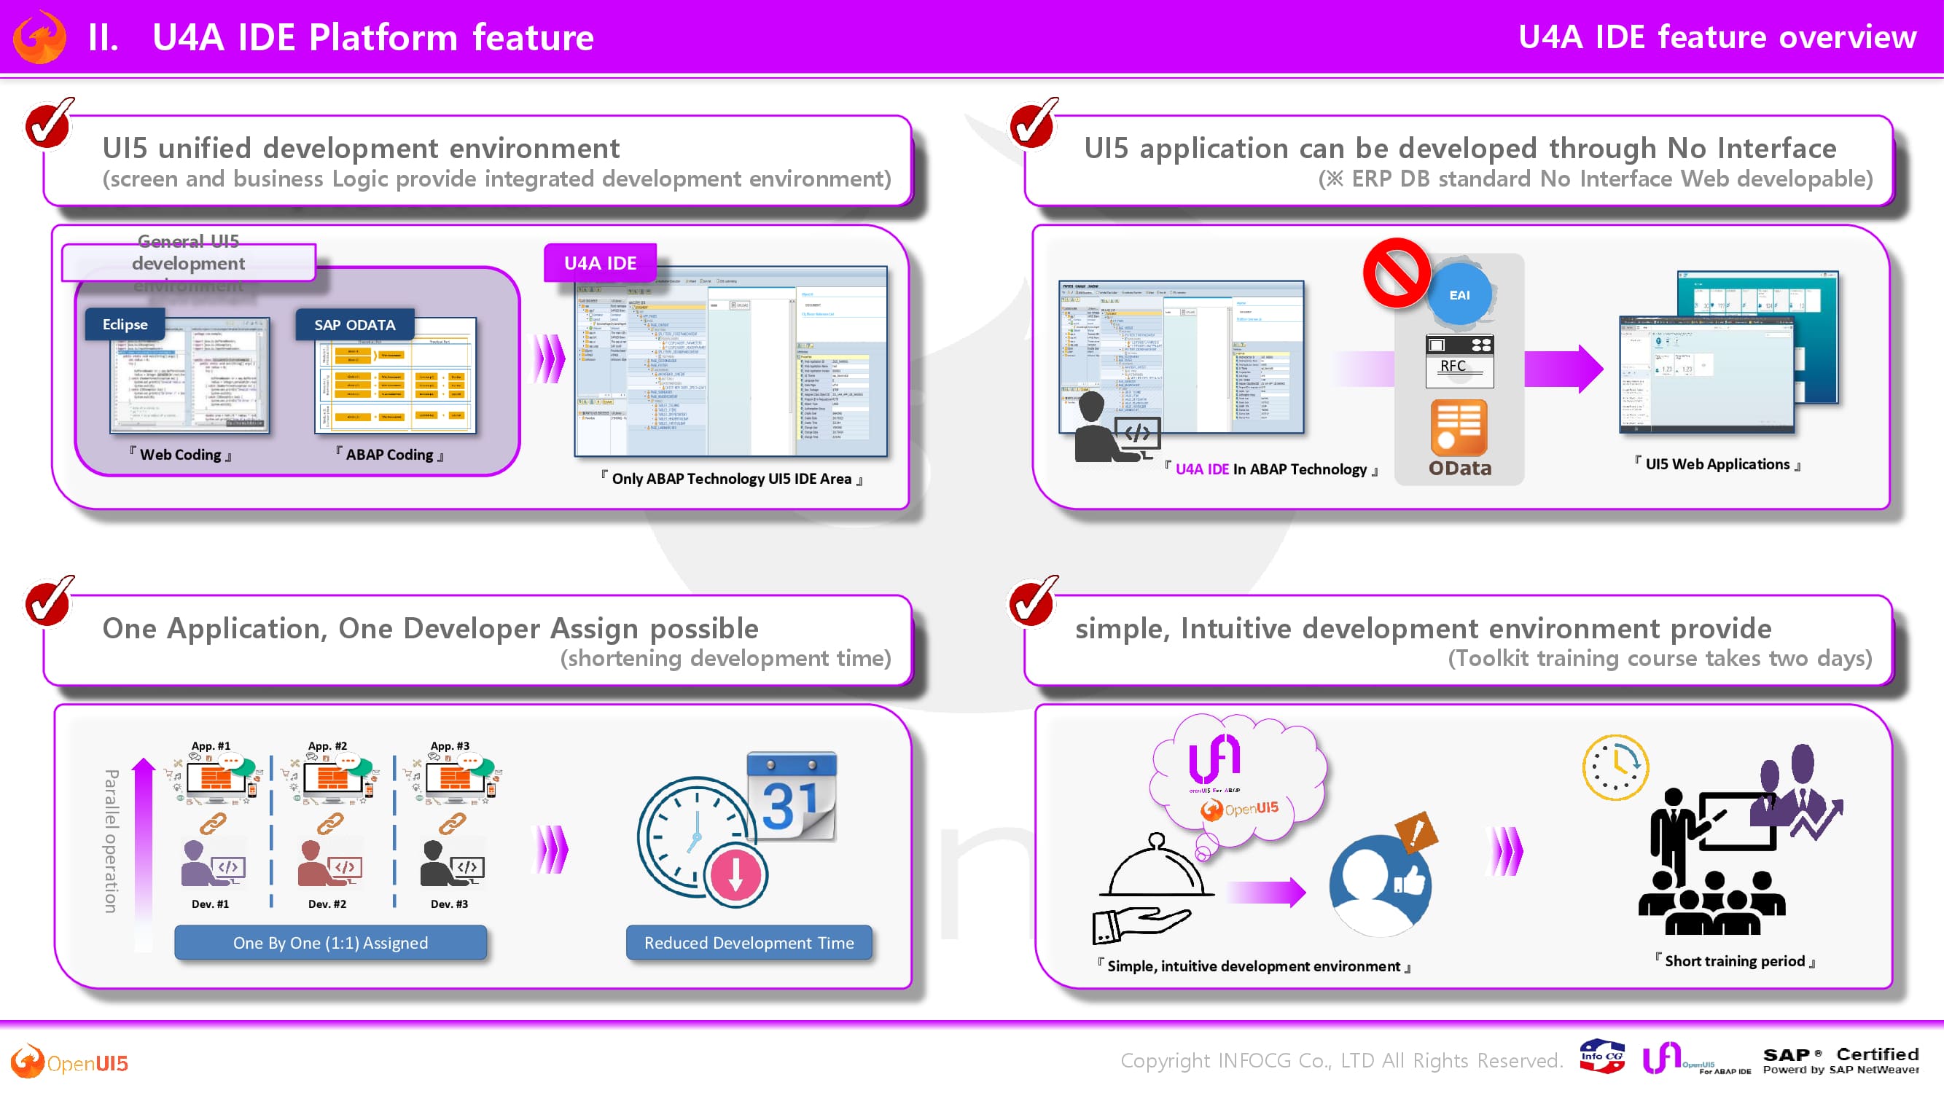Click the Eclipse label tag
pyautogui.click(x=125, y=324)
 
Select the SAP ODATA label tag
pyautogui.click(x=355, y=324)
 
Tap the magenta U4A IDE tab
pyautogui.click(x=600, y=263)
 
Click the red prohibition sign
pyautogui.click(x=1396, y=273)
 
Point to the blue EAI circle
pyautogui.click(x=1459, y=295)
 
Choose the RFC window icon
pyautogui.click(x=1459, y=360)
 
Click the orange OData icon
pyautogui.click(x=1459, y=427)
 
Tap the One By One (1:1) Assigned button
pyautogui.click(x=330, y=943)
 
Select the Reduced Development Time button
pyautogui.click(x=749, y=943)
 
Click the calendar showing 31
pyautogui.click(x=792, y=797)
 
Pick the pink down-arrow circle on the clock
pyautogui.click(x=735, y=876)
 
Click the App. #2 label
pyautogui.click(x=327, y=746)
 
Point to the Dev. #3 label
pyautogui.click(x=449, y=904)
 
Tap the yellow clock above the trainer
pyautogui.click(x=1615, y=768)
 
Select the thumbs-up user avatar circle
pyautogui.click(x=1380, y=885)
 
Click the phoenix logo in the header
pyautogui.click(x=40, y=37)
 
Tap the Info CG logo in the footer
pyautogui.click(x=1601, y=1057)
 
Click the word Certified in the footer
pyautogui.click(x=1877, y=1054)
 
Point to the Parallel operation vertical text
pyautogui.click(x=111, y=841)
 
